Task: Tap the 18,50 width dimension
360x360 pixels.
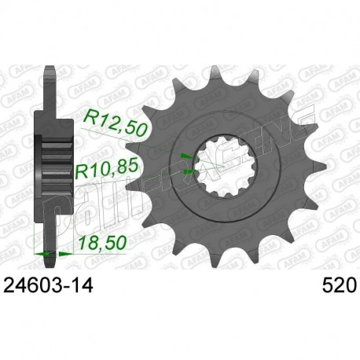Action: [x=99, y=246]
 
